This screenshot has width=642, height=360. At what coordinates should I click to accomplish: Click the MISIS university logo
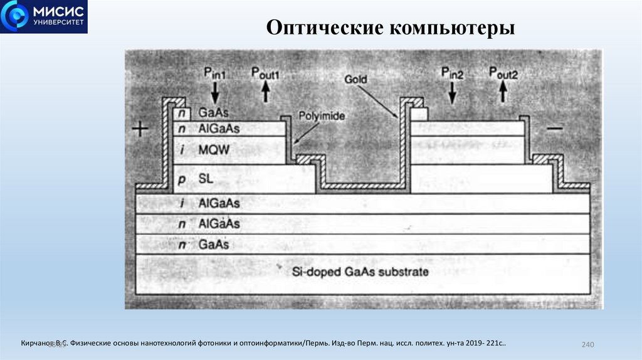coord(44,17)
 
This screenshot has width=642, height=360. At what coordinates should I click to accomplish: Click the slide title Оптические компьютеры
coord(391,28)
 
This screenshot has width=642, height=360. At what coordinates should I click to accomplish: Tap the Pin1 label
coord(215,73)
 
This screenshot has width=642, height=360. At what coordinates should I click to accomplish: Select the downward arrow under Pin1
coord(215,93)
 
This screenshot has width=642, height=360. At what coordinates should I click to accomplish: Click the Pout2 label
coord(503,73)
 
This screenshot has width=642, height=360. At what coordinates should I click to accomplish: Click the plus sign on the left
coord(141,129)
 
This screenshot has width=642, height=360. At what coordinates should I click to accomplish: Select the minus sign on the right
coord(555,129)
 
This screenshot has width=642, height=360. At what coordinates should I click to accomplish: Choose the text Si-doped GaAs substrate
coord(360,272)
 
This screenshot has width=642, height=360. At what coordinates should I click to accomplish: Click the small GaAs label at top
coord(213,113)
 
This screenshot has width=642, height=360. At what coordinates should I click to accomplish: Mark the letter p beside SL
coord(181,179)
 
